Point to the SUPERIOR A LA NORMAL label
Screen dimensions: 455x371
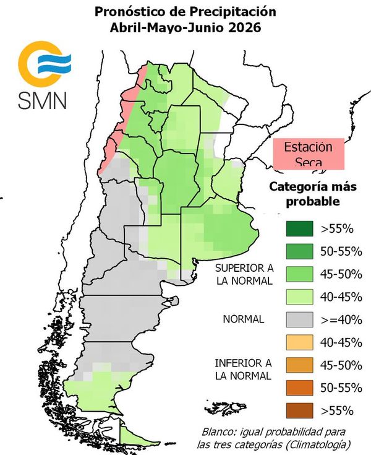click(244, 274)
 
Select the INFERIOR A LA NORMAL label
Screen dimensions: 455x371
click(244, 369)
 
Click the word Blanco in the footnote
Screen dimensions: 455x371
click(220, 431)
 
